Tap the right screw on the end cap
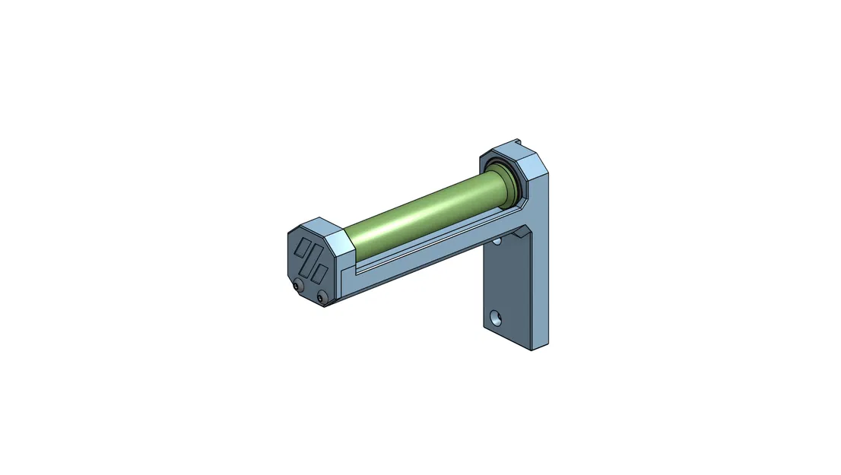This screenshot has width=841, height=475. [322, 297]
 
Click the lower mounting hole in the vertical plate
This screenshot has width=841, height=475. [495, 316]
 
